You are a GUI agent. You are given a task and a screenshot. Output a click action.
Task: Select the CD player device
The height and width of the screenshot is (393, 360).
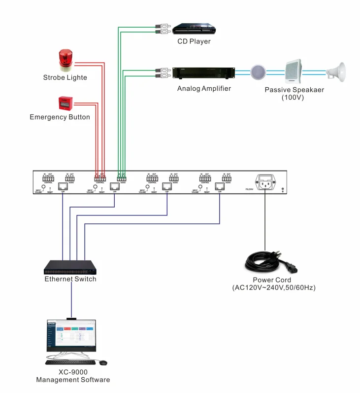(x=193, y=28)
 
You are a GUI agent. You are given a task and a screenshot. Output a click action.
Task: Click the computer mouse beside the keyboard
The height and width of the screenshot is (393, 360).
(x=103, y=363)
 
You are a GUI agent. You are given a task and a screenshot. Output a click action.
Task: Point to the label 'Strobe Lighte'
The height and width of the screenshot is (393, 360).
(x=65, y=77)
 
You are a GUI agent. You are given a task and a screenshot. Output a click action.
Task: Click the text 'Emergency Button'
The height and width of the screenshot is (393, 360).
(x=60, y=117)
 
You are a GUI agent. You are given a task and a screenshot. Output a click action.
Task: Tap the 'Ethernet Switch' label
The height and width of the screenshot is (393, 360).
(x=70, y=279)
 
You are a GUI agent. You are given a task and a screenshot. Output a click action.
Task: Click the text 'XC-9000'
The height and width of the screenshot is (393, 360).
(x=72, y=372)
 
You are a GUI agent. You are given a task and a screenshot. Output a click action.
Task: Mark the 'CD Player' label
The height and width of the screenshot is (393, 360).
(x=194, y=41)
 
